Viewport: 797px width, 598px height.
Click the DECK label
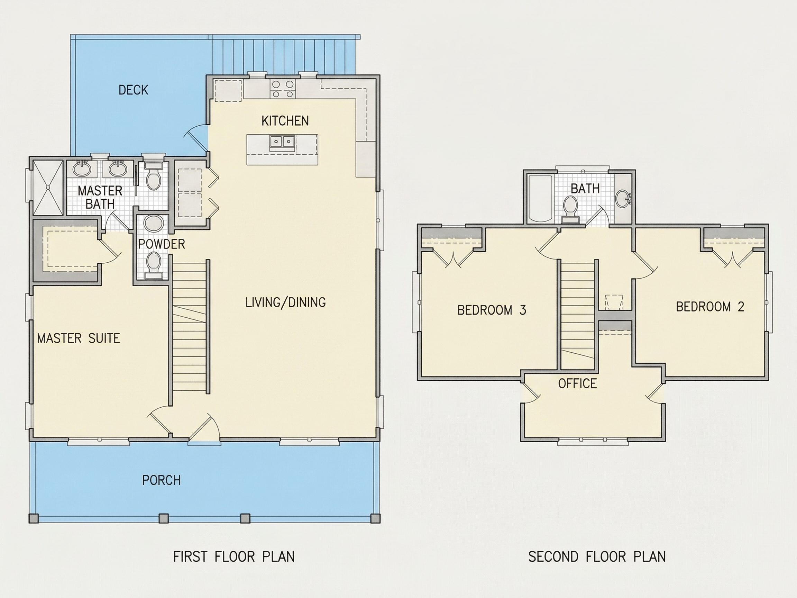(x=133, y=90)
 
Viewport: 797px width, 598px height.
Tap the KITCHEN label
(x=285, y=121)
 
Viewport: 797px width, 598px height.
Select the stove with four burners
(x=283, y=89)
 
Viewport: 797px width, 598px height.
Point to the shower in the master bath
(x=48, y=188)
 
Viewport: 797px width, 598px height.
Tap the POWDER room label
(x=162, y=244)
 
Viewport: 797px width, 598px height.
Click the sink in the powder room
(x=154, y=224)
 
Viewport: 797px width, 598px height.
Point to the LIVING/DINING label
(x=285, y=302)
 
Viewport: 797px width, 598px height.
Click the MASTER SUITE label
(x=79, y=338)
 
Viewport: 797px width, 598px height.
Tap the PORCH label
(x=162, y=480)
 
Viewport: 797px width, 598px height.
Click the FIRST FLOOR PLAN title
(x=234, y=556)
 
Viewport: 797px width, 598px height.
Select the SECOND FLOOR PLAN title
(x=597, y=556)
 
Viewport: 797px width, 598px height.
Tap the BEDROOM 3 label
(x=492, y=310)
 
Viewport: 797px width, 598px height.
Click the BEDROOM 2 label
(x=710, y=307)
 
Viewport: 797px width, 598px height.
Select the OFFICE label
(x=578, y=383)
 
